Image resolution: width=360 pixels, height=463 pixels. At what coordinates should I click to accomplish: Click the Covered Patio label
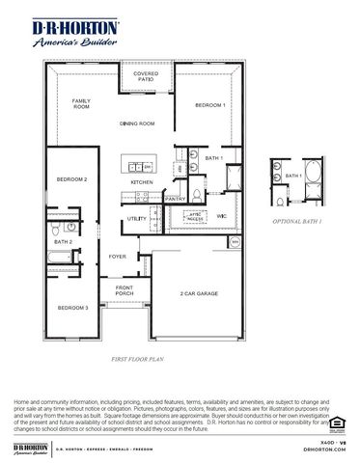[x=146, y=75]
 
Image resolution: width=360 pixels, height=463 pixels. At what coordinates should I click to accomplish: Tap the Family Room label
[x=81, y=103]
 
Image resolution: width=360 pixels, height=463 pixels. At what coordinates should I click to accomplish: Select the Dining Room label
[x=137, y=123]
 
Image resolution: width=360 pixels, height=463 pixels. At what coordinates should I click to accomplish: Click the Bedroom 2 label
[x=71, y=179]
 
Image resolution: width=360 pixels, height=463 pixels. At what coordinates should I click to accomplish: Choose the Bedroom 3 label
[x=72, y=307]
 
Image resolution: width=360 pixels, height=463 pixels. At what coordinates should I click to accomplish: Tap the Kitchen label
[x=143, y=183]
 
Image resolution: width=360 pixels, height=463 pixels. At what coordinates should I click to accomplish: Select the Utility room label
[x=136, y=219]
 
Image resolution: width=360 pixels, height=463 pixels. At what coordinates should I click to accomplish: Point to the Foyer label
[x=118, y=257]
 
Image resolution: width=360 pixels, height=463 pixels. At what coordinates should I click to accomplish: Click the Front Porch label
[x=125, y=291]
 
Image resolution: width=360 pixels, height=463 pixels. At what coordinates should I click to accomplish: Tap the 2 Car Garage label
[x=198, y=293]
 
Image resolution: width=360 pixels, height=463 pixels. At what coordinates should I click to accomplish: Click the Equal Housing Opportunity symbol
[x=336, y=422]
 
